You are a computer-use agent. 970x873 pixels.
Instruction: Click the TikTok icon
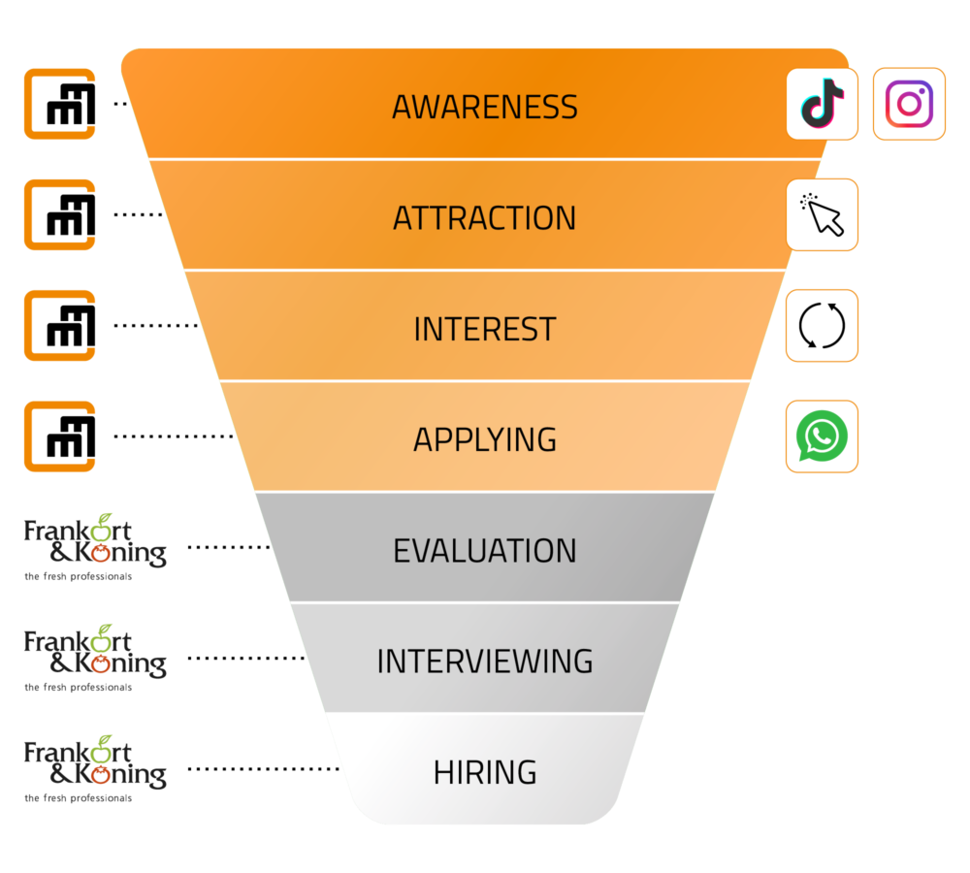tap(823, 104)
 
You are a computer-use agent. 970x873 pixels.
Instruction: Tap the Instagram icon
tap(909, 104)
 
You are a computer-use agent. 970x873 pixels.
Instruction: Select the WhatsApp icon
tap(822, 436)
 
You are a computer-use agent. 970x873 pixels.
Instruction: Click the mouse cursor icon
tap(822, 214)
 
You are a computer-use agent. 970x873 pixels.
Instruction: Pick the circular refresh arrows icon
tap(822, 326)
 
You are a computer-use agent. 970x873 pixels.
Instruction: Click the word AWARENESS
tap(485, 107)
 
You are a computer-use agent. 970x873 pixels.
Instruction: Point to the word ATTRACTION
tap(485, 218)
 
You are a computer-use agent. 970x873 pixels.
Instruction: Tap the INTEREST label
tap(485, 329)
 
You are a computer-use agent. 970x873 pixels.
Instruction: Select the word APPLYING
tap(485, 440)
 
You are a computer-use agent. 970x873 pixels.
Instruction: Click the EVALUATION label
tap(485, 551)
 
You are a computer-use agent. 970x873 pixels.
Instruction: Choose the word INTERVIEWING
tap(485, 662)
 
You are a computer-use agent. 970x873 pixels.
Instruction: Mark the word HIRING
tap(485, 772)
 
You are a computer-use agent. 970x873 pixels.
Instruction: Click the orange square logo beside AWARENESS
tap(60, 104)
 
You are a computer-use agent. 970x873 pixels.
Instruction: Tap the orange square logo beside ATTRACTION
tap(60, 214)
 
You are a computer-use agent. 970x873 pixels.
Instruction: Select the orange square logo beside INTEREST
tap(60, 326)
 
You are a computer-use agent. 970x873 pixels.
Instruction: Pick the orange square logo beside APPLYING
tap(60, 436)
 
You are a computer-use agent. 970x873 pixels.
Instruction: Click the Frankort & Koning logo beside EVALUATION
tap(95, 547)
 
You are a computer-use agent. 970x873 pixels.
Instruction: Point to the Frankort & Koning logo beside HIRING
tap(95, 769)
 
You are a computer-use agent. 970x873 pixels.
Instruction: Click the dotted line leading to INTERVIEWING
tap(246, 659)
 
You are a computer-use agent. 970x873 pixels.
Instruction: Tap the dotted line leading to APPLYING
tap(174, 436)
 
